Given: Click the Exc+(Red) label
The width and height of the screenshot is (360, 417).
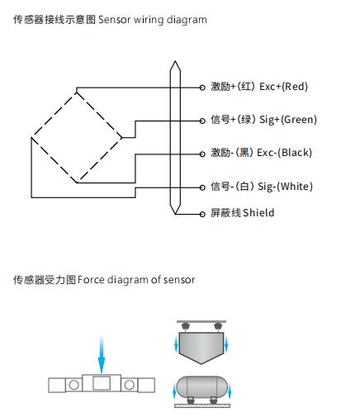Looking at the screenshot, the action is pyautogui.click(x=283, y=87).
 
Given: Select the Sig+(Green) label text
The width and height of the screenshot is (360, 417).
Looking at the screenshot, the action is pyautogui.click(x=288, y=120).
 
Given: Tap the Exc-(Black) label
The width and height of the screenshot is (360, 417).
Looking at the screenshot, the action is pyautogui.click(x=284, y=153).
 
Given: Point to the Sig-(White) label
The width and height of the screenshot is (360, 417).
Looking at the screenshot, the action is pyautogui.click(x=285, y=187).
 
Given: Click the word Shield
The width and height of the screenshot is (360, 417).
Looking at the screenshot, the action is pyautogui.click(x=258, y=213).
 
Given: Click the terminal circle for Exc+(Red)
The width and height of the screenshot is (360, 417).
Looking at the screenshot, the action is pyautogui.click(x=202, y=88).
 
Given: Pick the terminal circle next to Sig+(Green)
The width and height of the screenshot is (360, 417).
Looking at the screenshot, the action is pyautogui.click(x=202, y=121).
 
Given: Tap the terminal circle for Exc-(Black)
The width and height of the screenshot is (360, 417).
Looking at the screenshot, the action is pyautogui.click(x=202, y=154).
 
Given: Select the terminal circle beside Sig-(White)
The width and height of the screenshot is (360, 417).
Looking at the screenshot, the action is pyautogui.click(x=202, y=187).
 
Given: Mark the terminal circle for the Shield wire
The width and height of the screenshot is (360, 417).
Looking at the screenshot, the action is pyautogui.click(x=202, y=214).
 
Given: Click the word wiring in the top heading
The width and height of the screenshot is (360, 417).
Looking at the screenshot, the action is pyautogui.click(x=149, y=20).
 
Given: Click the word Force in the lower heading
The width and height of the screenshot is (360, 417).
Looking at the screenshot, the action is pyautogui.click(x=91, y=280).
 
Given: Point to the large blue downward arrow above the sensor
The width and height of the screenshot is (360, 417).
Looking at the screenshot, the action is pyautogui.click(x=102, y=355).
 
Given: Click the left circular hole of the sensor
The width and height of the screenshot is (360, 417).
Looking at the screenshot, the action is pyautogui.click(x=73, y=385).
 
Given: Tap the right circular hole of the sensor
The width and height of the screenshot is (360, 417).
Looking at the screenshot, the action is pyautogui.click(x=130, y=385).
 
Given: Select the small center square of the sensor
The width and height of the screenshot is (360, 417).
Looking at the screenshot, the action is pyautogui.click(x=102, y=383).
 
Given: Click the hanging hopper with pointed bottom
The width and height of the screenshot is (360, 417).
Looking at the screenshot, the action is pyautogui.click(x=201, y=348).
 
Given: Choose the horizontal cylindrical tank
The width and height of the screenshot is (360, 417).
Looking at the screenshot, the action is pyautogui.click(x=202, y=387).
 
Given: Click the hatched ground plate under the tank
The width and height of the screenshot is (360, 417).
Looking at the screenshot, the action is pyautogui.click(x=202, y=405).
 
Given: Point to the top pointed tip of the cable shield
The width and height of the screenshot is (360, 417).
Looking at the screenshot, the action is pyautogui.click(x=175, y=61).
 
